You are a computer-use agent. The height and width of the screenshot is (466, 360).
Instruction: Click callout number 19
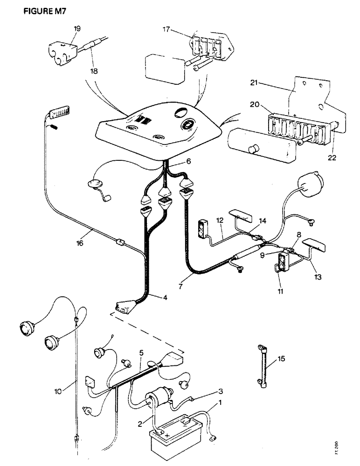[x=77, y=28]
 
